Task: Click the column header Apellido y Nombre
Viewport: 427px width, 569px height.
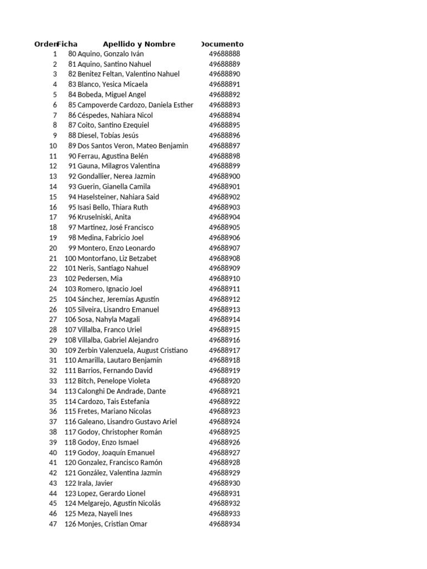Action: coord(139,44)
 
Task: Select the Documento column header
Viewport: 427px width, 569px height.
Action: coord(222,44)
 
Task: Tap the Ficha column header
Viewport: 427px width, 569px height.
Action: coord(67,44)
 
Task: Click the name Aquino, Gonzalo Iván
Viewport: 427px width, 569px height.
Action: coord(111,54)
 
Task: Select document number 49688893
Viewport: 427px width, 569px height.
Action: coord(225,105)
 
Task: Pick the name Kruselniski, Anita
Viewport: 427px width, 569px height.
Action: coord(105,217)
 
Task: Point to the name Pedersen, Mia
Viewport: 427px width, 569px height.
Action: coord(100,278)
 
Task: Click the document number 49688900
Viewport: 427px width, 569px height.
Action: coord(225,176)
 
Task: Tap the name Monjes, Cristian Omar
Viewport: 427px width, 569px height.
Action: coord(113,524)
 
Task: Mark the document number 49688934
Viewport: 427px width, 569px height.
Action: coord(225,524)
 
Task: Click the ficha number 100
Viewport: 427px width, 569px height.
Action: coord(70,258)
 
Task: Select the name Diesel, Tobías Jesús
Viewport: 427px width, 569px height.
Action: coord(108,136)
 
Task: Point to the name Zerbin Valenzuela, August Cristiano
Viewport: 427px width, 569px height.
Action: coord(133,350)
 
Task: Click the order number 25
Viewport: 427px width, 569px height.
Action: coord(53,299)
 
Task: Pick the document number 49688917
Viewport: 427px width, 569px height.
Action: coord(225,350)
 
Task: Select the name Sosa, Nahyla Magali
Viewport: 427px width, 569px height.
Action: coord(109,320)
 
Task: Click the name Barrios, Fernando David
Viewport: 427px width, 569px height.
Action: coord(115,371)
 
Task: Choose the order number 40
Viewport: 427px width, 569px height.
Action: coord(53,452)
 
